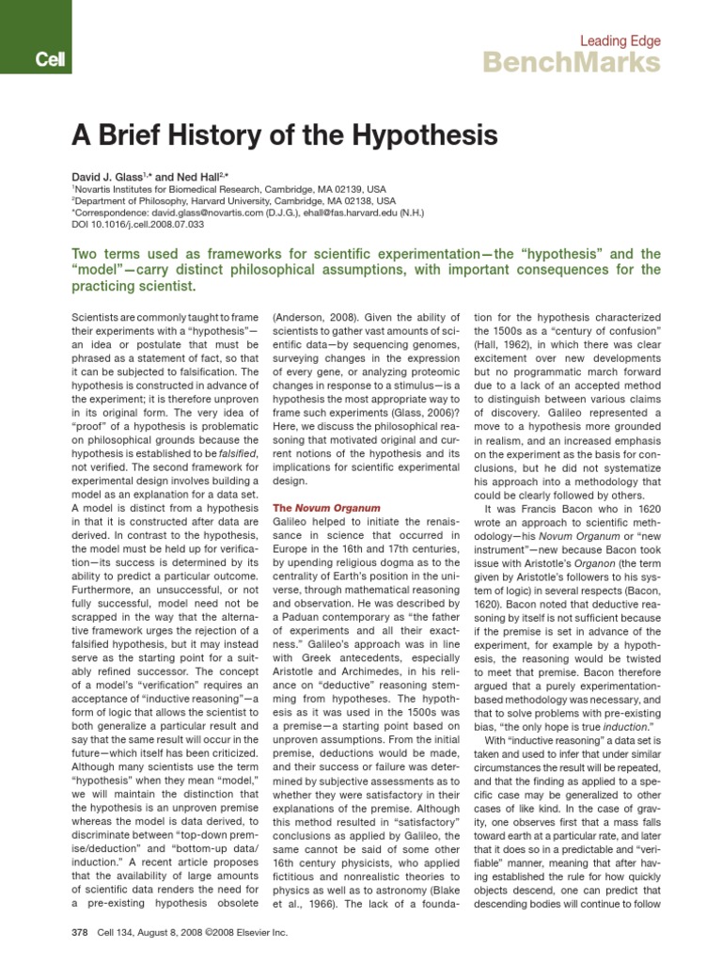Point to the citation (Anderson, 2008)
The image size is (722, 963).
coord(315,319)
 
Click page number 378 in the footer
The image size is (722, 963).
coord(79,933)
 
